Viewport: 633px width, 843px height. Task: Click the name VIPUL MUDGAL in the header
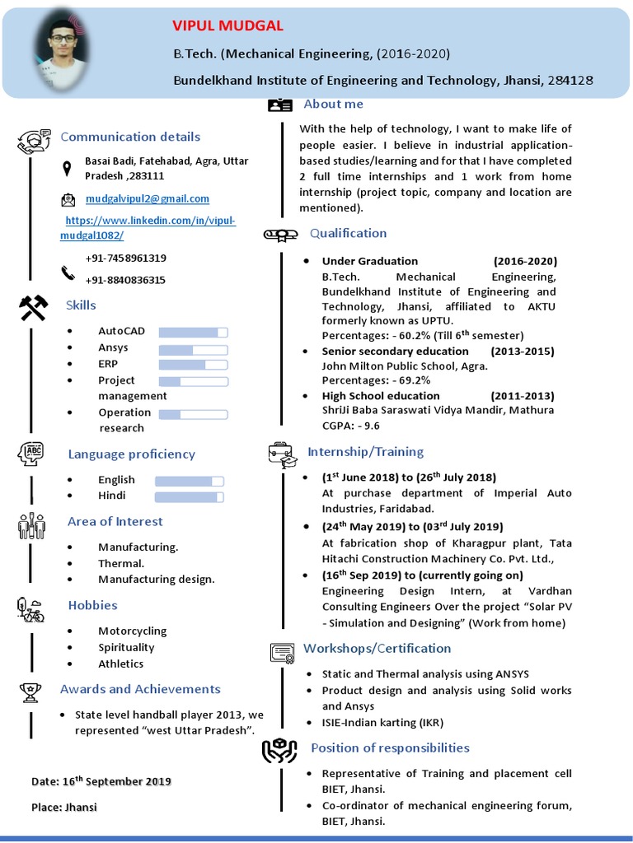point(227,26)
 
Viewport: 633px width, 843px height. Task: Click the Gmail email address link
point(148,198)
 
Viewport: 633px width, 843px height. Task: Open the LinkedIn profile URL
point(148,228)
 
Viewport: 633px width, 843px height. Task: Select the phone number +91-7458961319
point(125,258)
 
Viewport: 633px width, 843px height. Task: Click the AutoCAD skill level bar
point(193,332)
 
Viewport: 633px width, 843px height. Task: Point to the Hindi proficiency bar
point(190,497)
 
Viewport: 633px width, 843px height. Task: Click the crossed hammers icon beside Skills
point(33,307)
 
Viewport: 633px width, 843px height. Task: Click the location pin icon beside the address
point(67,169)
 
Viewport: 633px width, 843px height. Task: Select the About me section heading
point(333,104)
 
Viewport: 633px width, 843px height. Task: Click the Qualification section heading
point(348,233)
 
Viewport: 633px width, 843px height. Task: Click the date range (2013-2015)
point(523,351)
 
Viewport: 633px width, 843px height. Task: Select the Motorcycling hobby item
point(132,631)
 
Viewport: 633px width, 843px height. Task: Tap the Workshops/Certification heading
point(377,648)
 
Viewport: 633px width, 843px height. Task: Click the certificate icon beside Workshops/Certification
point(282,653)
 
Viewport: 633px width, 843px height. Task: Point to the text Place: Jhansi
point(64,807)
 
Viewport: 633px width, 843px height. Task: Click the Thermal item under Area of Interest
point(121,563)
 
